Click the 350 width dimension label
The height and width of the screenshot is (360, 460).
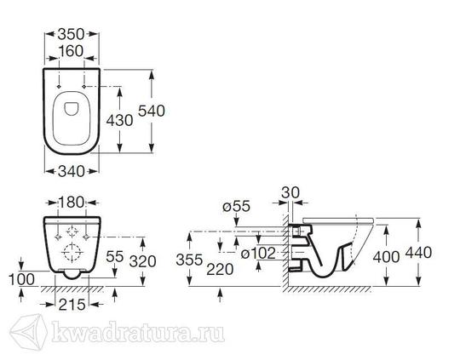click(71, 34)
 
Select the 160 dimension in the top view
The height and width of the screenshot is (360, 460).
click(71, 51)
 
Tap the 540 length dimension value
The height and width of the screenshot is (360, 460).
click(152, 111)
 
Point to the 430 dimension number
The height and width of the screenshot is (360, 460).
click(119, 121)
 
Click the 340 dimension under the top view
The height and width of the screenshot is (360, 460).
click(72, 172)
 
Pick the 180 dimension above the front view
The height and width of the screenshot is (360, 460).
click(72, 203)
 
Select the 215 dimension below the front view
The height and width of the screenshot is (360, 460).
click(72, 305)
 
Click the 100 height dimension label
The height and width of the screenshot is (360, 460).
click(21, 279)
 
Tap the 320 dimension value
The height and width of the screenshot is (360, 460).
click(142, 261)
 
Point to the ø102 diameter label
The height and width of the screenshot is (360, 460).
click(258, 254)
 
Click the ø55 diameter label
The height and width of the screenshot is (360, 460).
click(236, 207)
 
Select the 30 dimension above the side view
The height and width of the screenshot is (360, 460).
click(290, 193)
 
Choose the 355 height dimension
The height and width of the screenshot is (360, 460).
click(189, 260)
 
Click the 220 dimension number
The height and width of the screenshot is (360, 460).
click(220, 270)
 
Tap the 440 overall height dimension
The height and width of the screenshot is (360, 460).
click(418, 253)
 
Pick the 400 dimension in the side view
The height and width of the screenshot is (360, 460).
click(386, 257)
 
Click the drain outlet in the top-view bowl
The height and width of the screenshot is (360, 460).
click(72, 108)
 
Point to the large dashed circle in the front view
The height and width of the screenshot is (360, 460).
click(72, 252)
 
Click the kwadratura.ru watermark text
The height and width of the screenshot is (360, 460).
click(138, 333)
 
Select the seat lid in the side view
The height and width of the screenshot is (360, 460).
click(338, 220)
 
